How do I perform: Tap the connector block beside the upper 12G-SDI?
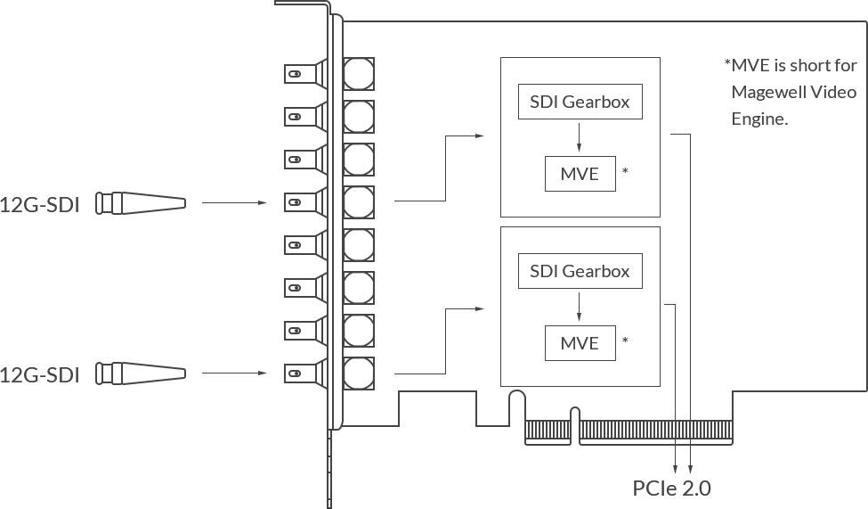coord(142,203)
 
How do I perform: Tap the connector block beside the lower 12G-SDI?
coord(142,374)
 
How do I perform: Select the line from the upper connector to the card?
coord(234,202)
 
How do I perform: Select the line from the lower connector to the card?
coord(234,373)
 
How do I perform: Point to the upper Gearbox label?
coord(585,102)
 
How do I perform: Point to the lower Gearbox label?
coord(585,271)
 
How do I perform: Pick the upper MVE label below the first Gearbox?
coord(583,174)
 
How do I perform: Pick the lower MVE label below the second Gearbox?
coord(583,343)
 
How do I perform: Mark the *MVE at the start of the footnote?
coord(749,66)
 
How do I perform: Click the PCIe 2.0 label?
coord(672,488)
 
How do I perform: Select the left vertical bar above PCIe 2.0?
coord(677,460)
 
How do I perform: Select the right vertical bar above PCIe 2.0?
coord(690,460)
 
